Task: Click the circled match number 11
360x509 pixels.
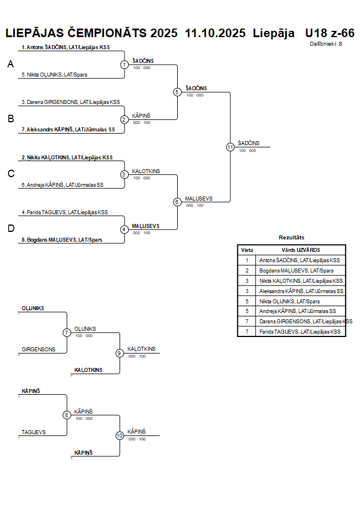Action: [230, 147]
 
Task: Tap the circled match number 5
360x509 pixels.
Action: [177, 92]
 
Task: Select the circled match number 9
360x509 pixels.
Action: [119, 353]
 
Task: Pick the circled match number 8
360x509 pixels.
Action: [66, 415]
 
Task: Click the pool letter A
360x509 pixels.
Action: [10, 65]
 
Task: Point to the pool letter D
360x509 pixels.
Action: [10, 229]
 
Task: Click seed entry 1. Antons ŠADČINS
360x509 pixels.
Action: [66, 47]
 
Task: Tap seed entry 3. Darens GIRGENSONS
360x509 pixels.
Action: [71, 102]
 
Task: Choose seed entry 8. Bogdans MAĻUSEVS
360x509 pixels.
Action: [62, 240]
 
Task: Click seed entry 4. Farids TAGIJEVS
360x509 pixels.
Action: [65, 213]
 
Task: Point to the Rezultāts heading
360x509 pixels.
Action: [291, 237]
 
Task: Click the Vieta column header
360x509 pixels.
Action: [247, 250]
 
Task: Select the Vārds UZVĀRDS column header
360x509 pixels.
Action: [301, 250]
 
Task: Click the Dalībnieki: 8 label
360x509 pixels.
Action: [326, 43]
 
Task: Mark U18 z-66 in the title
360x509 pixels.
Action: [330, 33]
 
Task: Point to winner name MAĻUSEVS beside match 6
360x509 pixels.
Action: [199, 198]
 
